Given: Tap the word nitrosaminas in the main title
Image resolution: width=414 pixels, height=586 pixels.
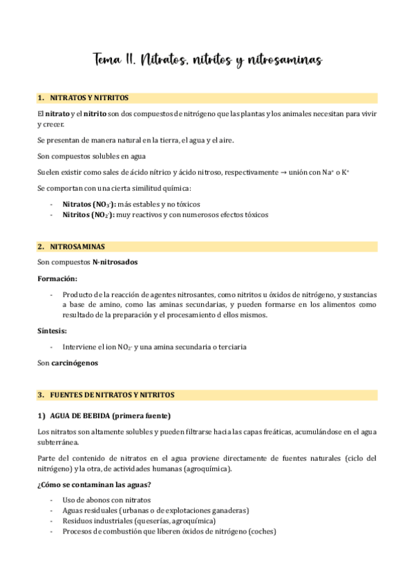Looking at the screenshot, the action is coord(283,61).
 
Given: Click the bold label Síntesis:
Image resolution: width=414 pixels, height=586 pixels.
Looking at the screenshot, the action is coord(52,331).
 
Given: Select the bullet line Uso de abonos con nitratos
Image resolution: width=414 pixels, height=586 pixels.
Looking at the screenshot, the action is coord(106,500).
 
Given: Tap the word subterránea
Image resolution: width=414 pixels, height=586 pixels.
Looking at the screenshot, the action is coord(58,443).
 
